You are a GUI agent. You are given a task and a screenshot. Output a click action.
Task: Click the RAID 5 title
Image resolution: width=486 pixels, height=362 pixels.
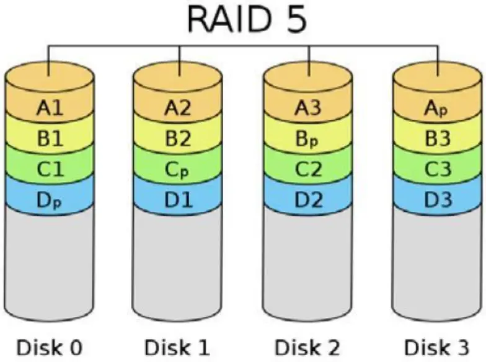click(246, 20)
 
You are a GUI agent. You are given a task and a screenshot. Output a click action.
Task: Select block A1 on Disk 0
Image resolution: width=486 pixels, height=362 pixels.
click(50, 108)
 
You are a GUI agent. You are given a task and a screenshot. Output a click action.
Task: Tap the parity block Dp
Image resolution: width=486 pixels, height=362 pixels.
click(50, 200)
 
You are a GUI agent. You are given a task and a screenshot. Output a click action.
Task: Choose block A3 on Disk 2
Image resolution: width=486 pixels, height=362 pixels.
click(308, 108)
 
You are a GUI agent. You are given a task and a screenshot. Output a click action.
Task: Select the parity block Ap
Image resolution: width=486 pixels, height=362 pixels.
click(438, 109)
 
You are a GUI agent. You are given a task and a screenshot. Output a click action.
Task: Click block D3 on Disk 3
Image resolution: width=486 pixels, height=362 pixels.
click(438, 200)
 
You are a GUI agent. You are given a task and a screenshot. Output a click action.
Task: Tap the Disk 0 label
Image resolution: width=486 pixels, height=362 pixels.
click(50, 346)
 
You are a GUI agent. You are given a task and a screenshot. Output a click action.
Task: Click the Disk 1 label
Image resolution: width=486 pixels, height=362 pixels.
click(177, 346)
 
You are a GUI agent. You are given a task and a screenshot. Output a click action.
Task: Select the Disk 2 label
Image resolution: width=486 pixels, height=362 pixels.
click(308, 346)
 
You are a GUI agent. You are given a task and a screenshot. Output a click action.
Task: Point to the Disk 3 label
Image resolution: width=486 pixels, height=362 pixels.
click(438, 346)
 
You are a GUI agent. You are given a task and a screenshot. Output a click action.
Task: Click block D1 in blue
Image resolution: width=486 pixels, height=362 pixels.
click(179, 200)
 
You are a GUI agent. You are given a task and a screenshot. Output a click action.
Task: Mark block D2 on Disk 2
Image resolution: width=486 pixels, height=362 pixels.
click(308, 200)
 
